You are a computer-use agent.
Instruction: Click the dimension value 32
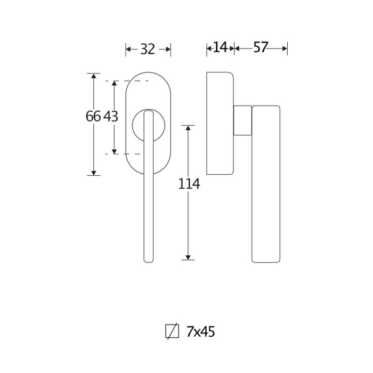(148, 49)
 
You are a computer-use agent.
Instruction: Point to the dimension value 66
(93, 117)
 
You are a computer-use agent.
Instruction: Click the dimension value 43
(111, 117)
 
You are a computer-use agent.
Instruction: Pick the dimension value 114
(189, 184)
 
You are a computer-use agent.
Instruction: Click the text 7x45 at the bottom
(200, 331)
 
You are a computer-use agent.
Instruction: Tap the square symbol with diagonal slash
(172, 331)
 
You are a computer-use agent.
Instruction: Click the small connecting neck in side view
(242, 120)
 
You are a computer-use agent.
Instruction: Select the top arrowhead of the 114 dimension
(188, 128)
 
